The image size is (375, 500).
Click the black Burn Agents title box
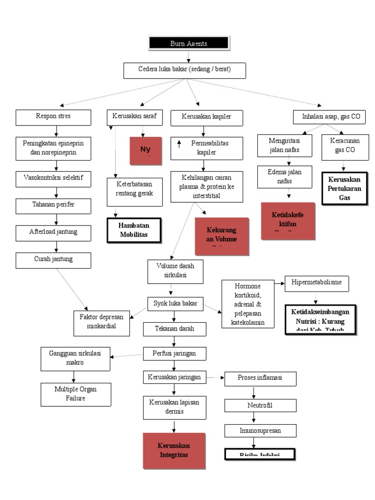coord(188,43)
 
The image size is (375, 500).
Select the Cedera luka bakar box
coord(184,70)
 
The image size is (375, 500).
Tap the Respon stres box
coord(53,117)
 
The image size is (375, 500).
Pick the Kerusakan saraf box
coord(134,117)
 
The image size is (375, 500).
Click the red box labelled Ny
coord(146,150)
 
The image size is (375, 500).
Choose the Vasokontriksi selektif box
coord(53,179)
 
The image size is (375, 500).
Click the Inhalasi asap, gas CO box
coord(330,117)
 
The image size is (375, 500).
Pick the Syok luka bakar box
coord(175,304)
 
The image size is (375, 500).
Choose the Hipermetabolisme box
coord(317,283)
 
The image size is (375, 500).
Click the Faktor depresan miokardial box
coord(102,322)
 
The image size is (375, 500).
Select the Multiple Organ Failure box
coord(76,394)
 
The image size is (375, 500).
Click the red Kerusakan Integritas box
coord(173,451)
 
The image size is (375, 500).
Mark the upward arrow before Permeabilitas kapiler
coord(179,144)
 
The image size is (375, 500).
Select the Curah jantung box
coord(53,260)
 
